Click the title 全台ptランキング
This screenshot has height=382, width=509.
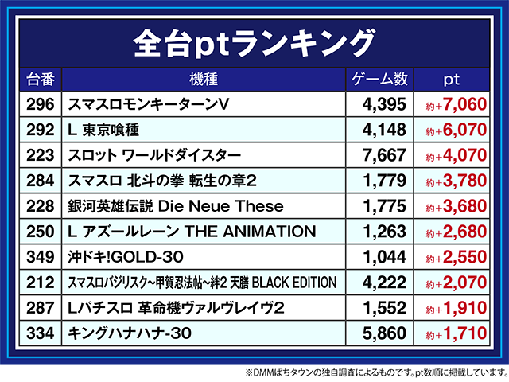coord(254,43)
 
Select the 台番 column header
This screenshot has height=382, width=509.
coord(41,80)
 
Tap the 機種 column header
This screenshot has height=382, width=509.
coord(204,80)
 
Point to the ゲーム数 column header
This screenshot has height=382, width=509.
coord(379,80)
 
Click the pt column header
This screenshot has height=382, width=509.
coord(452,80)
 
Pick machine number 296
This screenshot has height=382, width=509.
coord(41,104)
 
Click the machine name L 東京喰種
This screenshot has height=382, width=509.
coord(103,130)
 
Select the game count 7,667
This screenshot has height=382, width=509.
coord(384,155)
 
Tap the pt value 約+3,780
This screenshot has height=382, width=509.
coord(456,181)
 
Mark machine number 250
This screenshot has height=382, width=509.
coord(41,232)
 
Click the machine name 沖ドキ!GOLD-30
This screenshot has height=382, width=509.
coord(126,257)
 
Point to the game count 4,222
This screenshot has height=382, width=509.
coord(384,283)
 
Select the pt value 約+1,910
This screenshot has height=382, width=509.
coord(456,308)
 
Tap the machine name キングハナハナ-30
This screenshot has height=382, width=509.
coord(130,333)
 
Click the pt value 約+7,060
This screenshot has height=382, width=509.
coord(456,104)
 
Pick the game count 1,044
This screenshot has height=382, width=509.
coord(384,257)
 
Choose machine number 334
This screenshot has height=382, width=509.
coord(41,333)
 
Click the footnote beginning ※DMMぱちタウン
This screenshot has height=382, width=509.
coord(376,372)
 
